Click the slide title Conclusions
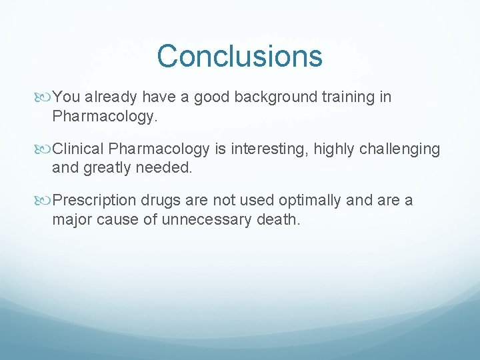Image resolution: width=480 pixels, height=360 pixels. [240, 56]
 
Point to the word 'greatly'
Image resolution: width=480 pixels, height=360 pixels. [108, 168]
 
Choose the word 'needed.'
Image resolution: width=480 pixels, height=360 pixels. [164, 168]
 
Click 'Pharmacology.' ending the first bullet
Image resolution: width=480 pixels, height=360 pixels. [105, 117]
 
